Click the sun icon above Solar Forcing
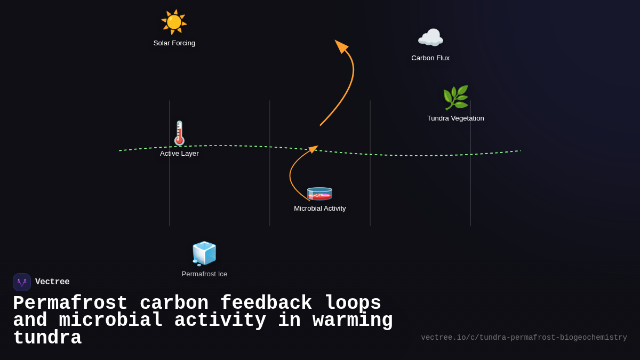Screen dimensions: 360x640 (174, 22)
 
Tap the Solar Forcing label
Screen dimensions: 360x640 (174, 43)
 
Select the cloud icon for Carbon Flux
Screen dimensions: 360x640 (430, 38)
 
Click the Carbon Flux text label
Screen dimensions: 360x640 (430, 58)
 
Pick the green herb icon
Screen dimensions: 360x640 (455, 98)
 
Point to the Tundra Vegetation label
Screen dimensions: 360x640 (455, 118)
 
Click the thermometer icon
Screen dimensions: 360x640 (180, 133)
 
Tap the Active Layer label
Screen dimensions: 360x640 (179, 154)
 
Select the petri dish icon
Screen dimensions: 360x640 (319, 193)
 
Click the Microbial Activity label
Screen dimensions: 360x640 (320, 209)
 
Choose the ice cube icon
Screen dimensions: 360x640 (204, 253)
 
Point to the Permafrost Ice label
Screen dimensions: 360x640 (204, 274)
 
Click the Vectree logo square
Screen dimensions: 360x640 (22, 282)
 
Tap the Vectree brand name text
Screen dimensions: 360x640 (52, 282)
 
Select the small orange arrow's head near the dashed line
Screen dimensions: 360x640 (314, 148)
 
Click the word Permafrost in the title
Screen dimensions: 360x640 (70, 303)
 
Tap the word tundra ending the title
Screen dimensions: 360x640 (47, 338)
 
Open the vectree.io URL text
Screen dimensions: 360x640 (524, 338)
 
